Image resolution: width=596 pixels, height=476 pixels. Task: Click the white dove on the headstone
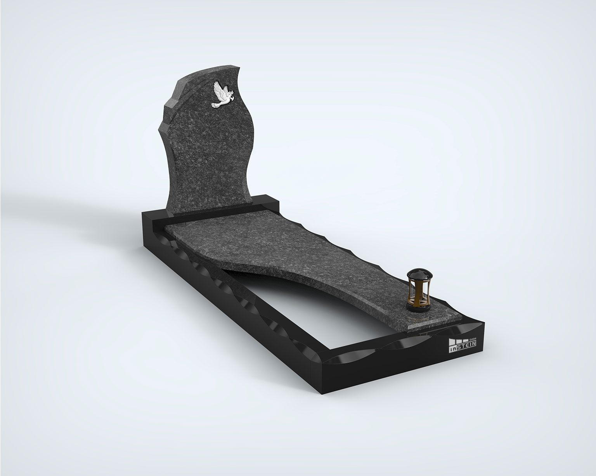(x=223, y=98)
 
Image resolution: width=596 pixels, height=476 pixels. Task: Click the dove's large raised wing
(x=220, y=93)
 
